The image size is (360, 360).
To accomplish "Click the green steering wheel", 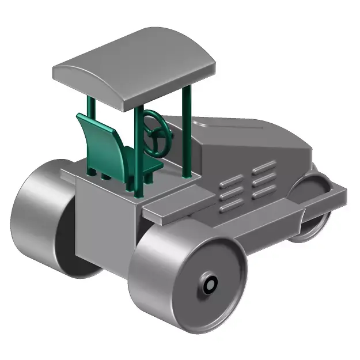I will coord(157,132).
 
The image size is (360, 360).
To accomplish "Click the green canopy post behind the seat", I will coord(91,138).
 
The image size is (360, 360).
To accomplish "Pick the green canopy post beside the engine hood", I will coord(186,132).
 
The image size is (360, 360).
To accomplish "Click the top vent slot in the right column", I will coord(264,168).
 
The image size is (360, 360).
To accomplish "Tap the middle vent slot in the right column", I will coord(264,180).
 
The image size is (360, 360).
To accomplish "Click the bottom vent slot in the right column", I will coord(264,192).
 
